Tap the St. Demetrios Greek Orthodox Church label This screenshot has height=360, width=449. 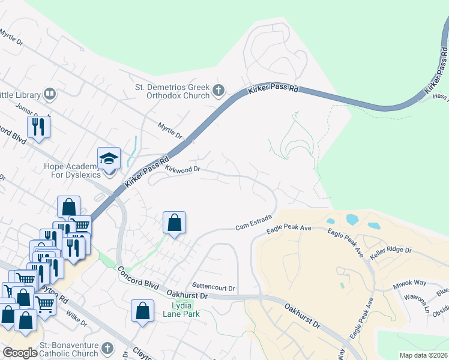172,91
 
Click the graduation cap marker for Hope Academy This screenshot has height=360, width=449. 109,159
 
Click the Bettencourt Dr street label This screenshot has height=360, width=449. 214,287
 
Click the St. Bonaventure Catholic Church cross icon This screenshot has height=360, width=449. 107,349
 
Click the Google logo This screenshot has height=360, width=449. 19,353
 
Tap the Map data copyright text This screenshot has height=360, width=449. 423,355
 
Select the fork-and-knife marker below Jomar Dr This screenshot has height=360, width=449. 38,127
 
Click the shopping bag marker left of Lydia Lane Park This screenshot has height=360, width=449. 142,311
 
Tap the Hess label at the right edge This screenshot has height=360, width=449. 440,96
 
